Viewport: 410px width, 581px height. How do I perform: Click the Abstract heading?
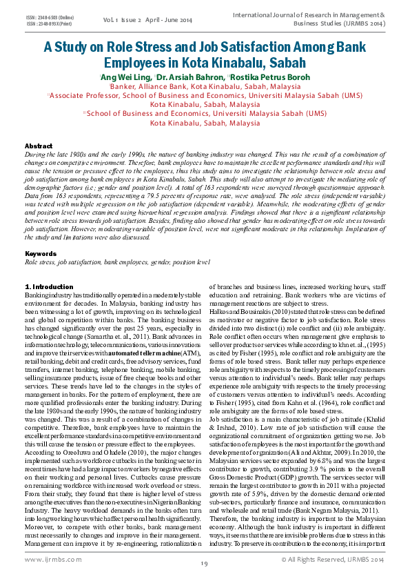click(x=39, y=146)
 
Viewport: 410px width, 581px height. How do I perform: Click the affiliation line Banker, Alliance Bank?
click(x=205, y=88)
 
